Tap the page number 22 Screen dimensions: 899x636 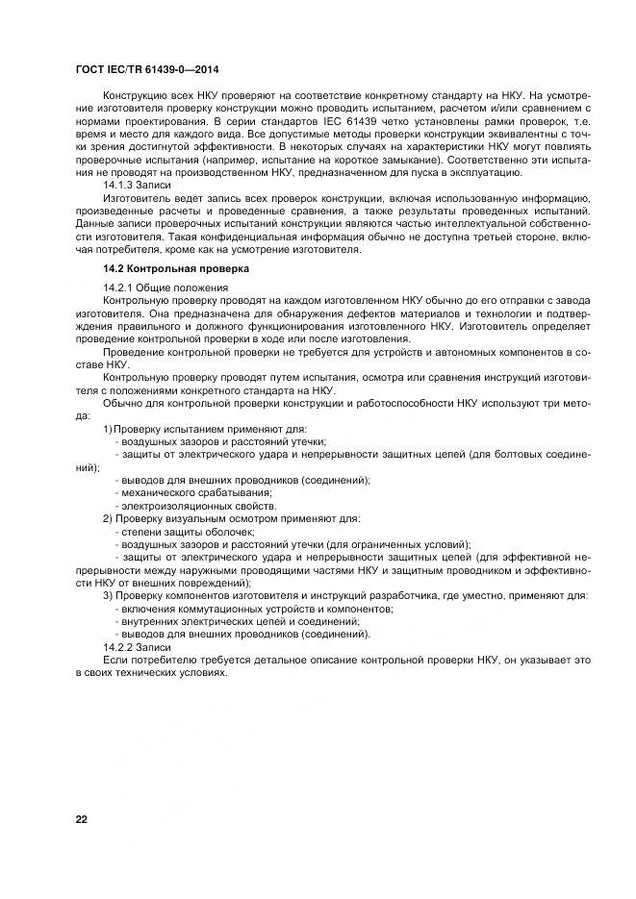tap(82, 819)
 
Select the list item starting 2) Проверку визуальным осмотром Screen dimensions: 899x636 tap(231, 518)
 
